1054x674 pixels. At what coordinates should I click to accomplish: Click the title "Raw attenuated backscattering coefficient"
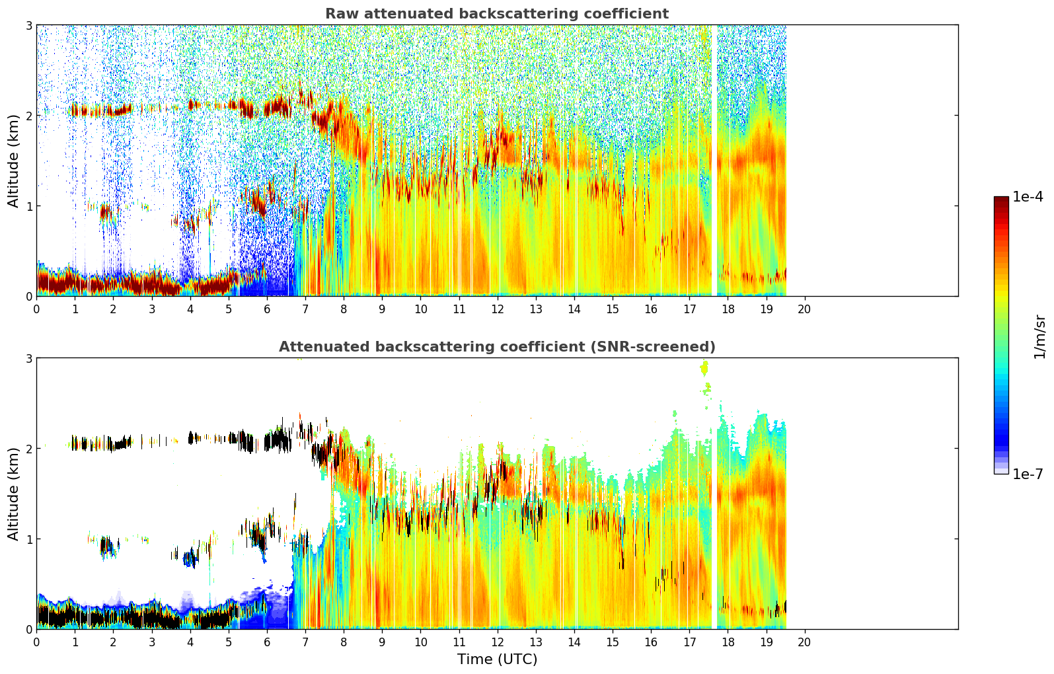[497, 14]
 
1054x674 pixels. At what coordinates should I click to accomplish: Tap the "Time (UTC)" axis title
[497, 659]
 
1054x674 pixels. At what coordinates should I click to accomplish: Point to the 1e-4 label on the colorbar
[1028, 196]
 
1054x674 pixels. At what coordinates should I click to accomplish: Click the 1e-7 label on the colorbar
[1028, 474]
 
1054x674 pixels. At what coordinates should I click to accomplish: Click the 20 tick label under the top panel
[805, 309]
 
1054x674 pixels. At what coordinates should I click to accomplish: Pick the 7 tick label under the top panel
[305, 309]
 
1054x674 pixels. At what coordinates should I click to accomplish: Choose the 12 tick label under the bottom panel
[498, 642]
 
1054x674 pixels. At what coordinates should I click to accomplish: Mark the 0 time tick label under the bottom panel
[37, 642]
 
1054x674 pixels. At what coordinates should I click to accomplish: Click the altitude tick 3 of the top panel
[28, 25]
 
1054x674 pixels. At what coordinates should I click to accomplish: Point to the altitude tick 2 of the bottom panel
[28, 449]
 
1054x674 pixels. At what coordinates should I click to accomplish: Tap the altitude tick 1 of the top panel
[28, 206]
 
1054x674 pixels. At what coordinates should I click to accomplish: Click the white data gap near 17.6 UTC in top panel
[714, 160]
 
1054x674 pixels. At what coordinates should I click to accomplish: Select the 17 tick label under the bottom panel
[689, 642]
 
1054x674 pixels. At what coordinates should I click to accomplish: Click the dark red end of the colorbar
[1001, 200]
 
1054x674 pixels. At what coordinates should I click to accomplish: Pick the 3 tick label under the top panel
[152, 309]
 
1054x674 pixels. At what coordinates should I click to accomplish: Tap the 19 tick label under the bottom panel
[767, 642]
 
